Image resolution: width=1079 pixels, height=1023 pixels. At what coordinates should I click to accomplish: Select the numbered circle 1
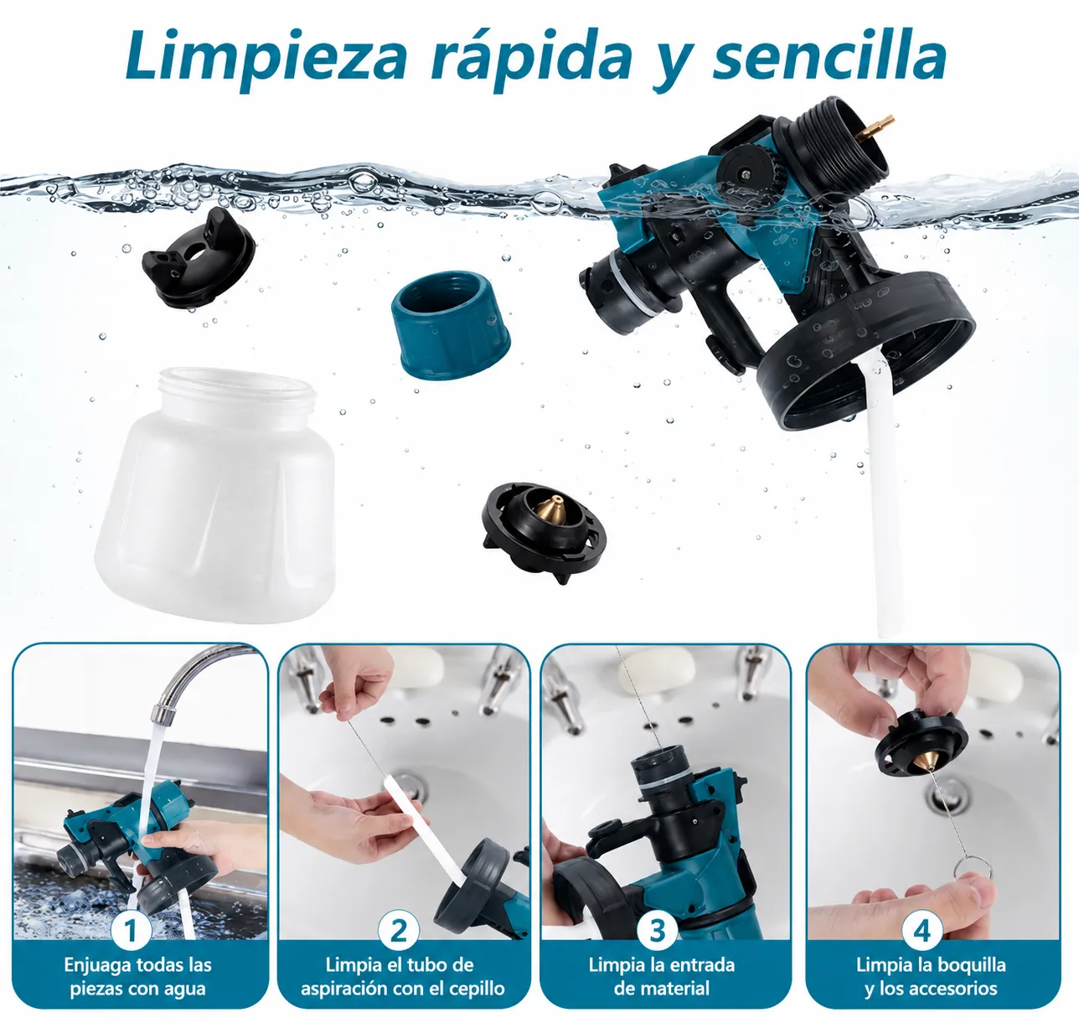tap(131, 930)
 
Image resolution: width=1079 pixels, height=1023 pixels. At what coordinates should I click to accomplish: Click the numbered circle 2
tap(399, 930)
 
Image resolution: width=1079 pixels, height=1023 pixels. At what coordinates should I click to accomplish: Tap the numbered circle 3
tap(657, 930)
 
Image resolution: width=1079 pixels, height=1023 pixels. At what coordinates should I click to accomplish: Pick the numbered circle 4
tap(922, 930)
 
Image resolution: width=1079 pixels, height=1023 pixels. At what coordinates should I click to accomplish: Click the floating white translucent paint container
tap(215, 494)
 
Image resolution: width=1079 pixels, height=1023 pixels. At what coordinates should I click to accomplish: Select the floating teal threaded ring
tap(450, 324)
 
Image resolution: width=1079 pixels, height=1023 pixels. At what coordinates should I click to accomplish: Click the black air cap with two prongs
tap(199, 257)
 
